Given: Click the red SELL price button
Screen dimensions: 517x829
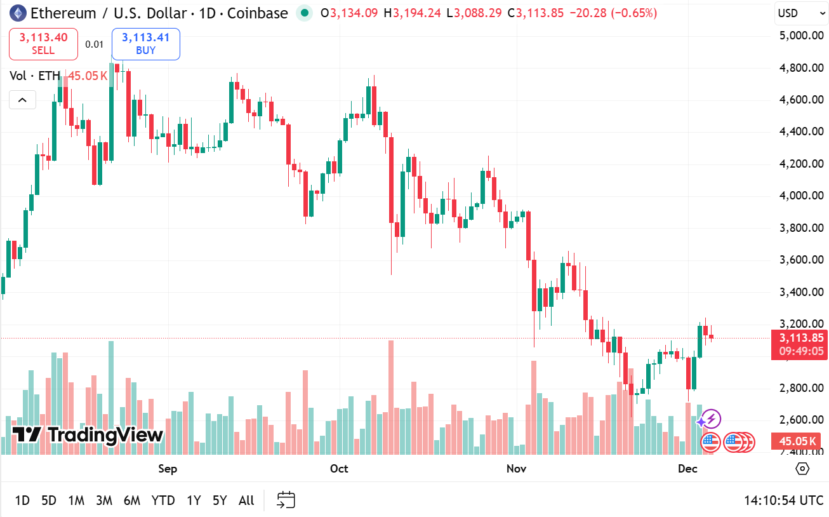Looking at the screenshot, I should [x=43, y=44].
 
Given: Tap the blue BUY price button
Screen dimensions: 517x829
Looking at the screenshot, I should [x=145, y=44].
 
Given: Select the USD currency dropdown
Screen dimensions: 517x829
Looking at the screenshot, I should [x=796, y=13].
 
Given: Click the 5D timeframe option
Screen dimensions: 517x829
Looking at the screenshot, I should [x=49, y=500].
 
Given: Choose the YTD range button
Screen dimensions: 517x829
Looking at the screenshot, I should [x=163, y=500].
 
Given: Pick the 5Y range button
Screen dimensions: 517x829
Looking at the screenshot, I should [x=220, y=500].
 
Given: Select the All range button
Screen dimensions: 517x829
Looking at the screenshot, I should [x=246, y=500].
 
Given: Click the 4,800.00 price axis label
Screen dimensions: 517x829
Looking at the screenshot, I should [x=801, y=68].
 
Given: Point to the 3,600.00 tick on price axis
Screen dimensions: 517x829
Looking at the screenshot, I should [x=801, y=260].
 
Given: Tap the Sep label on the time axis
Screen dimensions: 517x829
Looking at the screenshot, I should [x=168, y=469].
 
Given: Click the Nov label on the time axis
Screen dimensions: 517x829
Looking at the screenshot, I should [x=517, y=469].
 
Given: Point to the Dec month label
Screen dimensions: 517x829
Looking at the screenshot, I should [x=687, y=469].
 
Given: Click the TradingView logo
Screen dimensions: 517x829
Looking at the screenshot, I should [x=88, y=435].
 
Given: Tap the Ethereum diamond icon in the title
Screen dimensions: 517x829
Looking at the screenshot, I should [x=16, y=13].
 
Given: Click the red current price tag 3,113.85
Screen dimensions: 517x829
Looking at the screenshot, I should [x=799, y=339].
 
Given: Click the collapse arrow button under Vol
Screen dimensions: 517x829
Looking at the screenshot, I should [x=22, y=100].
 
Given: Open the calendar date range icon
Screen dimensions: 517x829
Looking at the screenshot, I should [x=286, y=500].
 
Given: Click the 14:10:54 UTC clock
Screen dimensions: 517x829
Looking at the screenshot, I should [x=783, y=500].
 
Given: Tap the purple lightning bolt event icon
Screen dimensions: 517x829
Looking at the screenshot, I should [x=712, y=419].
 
